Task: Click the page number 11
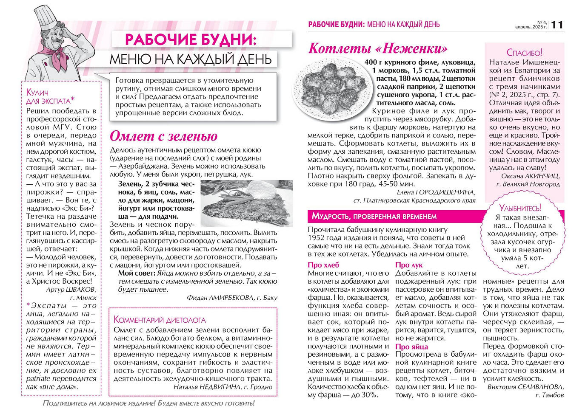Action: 557,25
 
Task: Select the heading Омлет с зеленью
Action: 163,136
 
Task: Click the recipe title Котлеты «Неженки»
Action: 378,48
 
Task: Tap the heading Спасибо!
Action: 524,53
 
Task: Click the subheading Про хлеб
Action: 323,265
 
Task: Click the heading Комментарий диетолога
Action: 160,320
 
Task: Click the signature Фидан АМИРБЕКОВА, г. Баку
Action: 232,298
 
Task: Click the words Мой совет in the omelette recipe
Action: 137,273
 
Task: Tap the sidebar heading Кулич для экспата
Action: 49,96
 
